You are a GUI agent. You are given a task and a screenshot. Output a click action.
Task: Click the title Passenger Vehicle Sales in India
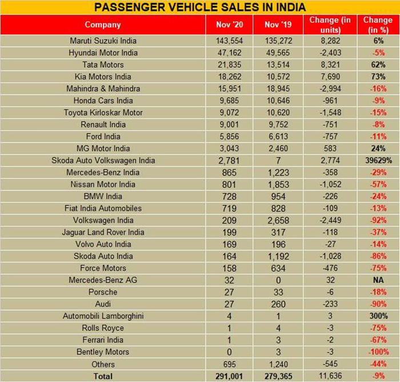199,7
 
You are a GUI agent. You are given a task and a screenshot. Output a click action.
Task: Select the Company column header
103,25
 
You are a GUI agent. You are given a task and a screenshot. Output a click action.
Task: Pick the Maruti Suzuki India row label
103,41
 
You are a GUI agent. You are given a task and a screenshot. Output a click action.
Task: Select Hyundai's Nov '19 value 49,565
280,53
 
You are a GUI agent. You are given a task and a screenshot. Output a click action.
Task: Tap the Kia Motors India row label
103,77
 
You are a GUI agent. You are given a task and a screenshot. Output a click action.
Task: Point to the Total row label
103,376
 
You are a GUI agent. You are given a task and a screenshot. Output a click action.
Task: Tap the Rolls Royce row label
103,328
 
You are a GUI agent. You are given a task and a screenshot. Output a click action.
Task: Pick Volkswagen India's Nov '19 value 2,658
280,220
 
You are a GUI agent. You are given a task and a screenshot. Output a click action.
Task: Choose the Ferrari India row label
103,340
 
